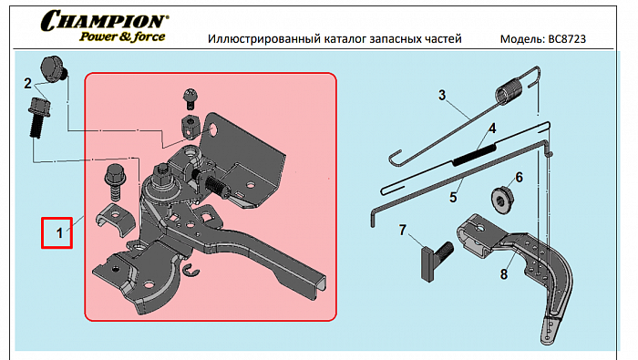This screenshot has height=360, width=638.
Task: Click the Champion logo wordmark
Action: click(105, 21)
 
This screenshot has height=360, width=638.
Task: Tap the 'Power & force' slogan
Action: click(122, 36)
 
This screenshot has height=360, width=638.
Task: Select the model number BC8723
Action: click(567, 39)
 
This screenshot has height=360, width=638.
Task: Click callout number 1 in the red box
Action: click(59, 233)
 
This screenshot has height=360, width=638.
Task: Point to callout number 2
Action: click(27, 83)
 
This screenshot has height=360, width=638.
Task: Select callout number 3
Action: click(442, 95)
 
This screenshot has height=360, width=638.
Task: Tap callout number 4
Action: click(492, 129)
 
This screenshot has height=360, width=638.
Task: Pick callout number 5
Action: click(453, 198)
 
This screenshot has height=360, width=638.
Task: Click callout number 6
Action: click(520, 178)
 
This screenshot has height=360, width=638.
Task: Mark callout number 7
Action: click(403, 231)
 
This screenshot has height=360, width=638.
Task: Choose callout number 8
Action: click(504, 274)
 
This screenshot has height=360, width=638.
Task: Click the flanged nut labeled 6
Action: click(502, 200)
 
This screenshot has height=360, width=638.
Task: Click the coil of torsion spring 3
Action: click(509, 91)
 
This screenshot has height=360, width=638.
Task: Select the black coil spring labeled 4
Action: click(475, 155)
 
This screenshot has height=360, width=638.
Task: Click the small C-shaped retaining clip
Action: click(190, 271)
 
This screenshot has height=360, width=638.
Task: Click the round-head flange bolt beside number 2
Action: click(53, 69)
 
